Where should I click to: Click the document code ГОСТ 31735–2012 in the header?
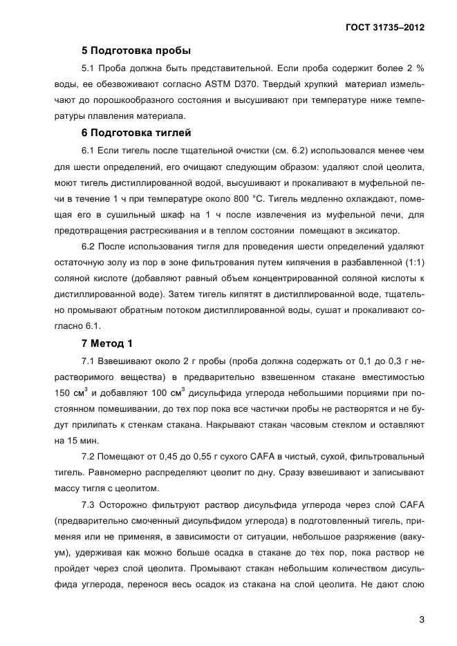(x=385, y=28)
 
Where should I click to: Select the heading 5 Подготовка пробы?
(x=136, y=50)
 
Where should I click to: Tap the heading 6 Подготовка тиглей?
(x=136, y=133)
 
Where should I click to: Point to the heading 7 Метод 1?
(x=106, y=343)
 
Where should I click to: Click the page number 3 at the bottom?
(x=421, y=619)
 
